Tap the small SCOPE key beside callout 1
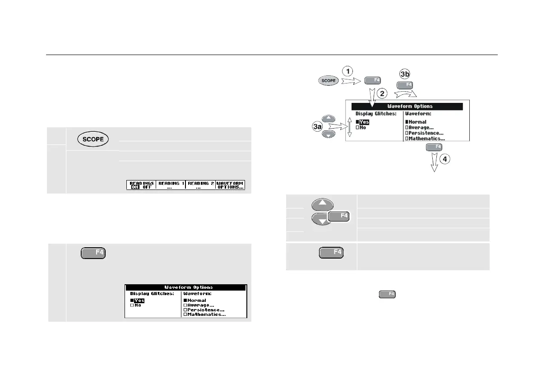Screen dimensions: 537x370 pyautogui.click(x=329, y=81)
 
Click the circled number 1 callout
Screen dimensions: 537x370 pyautogui.click(x=347, y=71)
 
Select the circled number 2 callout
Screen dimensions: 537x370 pyautogui.click(x=382, y=94)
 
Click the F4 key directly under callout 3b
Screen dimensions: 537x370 pyautogui.click(x=405, y=85)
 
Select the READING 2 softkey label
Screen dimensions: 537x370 pyautogui.click(x=200, y=185)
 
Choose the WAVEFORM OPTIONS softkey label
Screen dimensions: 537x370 pyautogui.click(x=230, y=185)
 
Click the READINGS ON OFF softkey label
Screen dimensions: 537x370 pyautogui.click(x=141, y=185)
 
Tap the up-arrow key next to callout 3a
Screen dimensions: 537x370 pyautogui.click(x=329, y=119)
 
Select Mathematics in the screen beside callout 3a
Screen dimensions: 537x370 pyautogui.click(x=426, y=139)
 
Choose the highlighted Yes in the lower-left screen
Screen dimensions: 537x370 pyautogui.click(x=139, y=300)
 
